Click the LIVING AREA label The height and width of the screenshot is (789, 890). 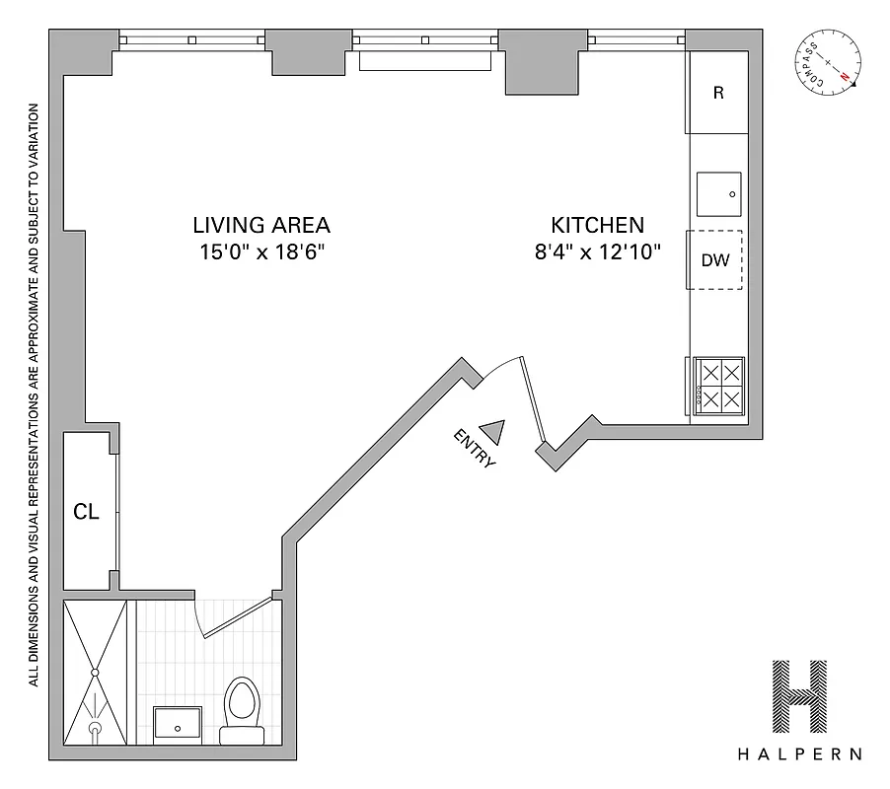click(261, 225)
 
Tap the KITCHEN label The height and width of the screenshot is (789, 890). click(597, 225)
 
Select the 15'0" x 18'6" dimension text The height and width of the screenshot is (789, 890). click(261, 251)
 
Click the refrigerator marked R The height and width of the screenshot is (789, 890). click(717, 94)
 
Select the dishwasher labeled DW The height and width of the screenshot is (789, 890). click(715, 260)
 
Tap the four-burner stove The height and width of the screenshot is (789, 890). click(718, 386)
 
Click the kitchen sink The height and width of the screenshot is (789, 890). click(719, 193)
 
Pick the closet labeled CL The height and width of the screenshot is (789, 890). click(87, 512)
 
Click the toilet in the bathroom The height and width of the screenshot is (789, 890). click(242, 707)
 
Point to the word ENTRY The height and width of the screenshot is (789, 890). click(475, 449)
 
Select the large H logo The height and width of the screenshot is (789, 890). click(799, 694)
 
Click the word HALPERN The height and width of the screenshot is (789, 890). click(799, 754)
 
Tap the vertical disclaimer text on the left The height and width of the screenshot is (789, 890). click(34, 394)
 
